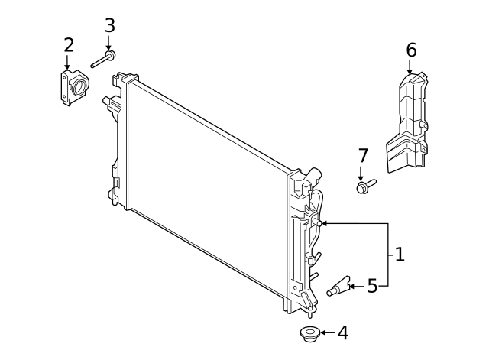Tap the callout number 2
coord(68,45)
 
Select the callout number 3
coord(109,25)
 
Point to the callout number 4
coord(342,332)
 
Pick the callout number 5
coord(372,287)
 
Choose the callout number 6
coord(411,50)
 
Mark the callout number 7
coord(363,156)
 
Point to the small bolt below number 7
coord(364,186)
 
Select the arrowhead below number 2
coord(67,66)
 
